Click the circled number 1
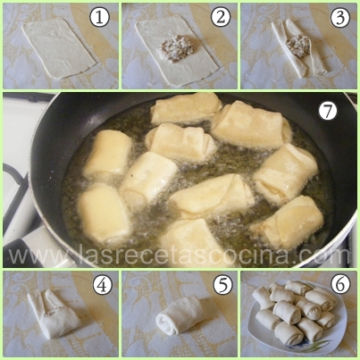[x=99, y=18]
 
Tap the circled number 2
[x=221, y=17]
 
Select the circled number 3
[x=339, y=18]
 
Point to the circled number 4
[x=103, y=285]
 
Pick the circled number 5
[x=222, y=285]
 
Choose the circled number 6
[x=340, y=285]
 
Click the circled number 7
[x=328, y=112]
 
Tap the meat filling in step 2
[x=176, y=48]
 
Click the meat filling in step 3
[x=298, y=46]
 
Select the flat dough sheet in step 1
[x=59, y=47]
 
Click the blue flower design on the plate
[x=309, y=347]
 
